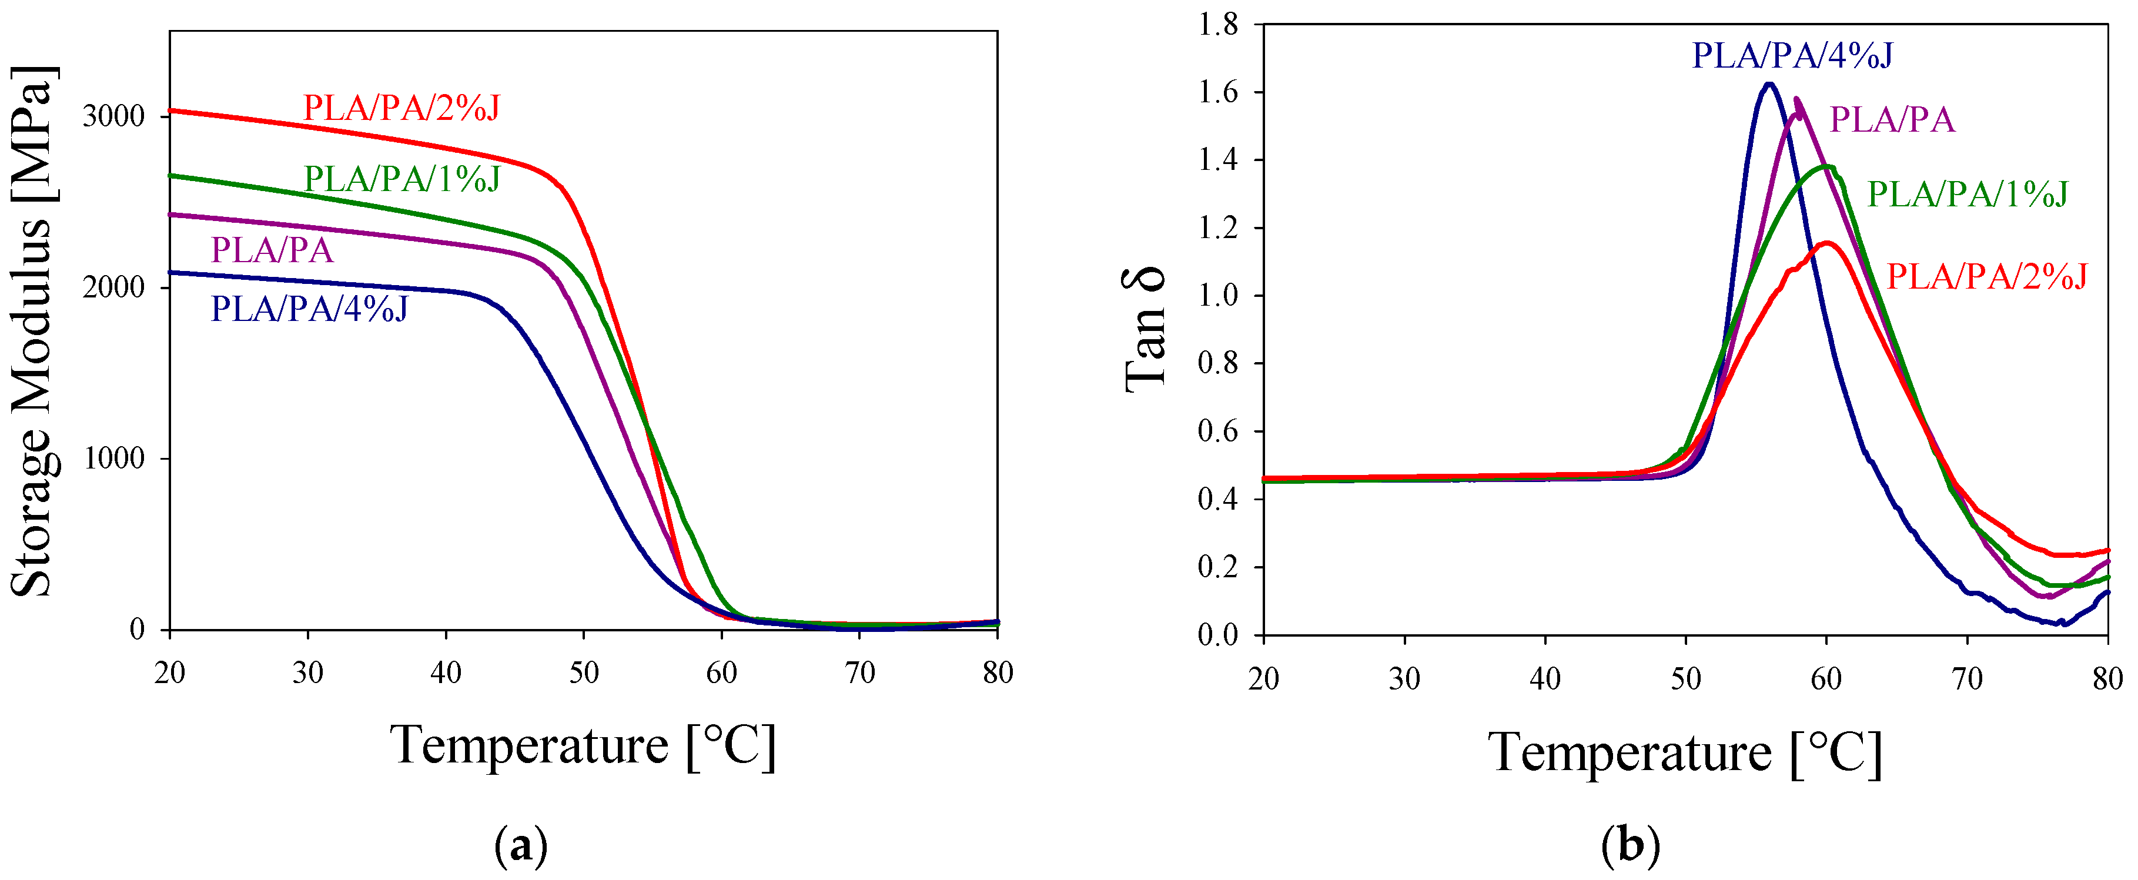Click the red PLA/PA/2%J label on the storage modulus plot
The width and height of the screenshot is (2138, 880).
[401, 108]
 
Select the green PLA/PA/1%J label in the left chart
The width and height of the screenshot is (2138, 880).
[403, 179]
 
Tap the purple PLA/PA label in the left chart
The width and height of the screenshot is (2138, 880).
[272, 250]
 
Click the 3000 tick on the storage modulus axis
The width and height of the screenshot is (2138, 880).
[113, 115]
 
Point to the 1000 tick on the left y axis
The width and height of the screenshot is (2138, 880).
[113, 459]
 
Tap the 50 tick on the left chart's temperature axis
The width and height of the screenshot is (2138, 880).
[584, 672]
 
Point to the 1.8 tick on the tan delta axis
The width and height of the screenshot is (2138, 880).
[1217, 25]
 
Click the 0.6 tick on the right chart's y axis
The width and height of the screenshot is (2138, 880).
[1217, 431]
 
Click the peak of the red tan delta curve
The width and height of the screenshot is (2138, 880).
[1827, 242]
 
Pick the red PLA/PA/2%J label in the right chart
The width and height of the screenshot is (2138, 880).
[1987, 276]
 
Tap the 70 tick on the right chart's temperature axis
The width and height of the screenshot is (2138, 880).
[1967, 679]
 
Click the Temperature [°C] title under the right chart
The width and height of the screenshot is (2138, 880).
[1685, 752]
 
